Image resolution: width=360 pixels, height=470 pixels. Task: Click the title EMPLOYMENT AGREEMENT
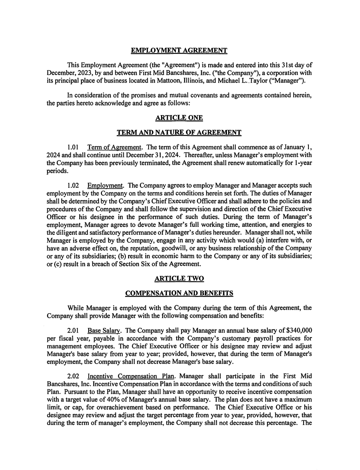[179, 50]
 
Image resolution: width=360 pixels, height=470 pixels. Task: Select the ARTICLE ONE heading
[179, 118]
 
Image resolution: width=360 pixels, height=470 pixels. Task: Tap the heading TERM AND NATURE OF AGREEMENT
[179, 133]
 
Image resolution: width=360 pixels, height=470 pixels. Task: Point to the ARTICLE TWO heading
[179, 279]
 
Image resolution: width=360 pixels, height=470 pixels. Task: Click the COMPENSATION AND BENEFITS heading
[179, 293]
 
